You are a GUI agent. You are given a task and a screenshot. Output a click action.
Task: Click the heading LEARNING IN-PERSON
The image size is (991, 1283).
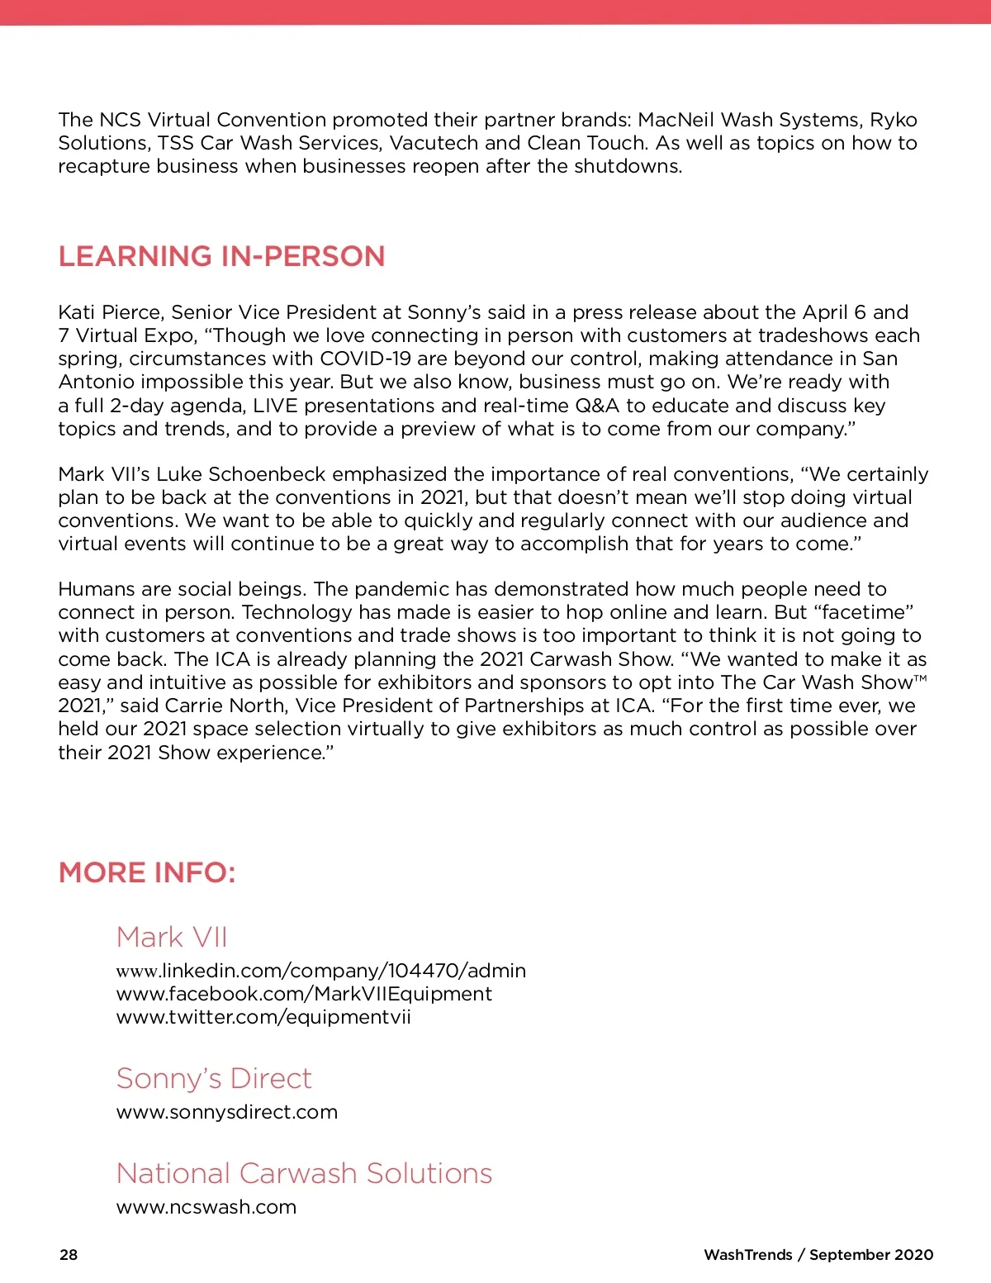pyautogui.click(x=221, y=256)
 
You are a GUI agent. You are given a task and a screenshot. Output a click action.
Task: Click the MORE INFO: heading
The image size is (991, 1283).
pyautogui.click(x=147, y=872)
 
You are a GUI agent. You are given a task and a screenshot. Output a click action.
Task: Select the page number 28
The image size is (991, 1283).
pyautogui.click(x=69, y=1254)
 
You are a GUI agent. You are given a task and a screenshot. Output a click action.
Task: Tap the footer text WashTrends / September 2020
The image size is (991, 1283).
pyautogui.click(x=818, y=1254)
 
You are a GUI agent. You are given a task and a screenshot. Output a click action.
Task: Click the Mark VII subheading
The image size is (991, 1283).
pyautogui.click(x=172, y=937)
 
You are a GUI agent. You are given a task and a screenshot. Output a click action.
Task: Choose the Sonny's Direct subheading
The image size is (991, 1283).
pyautogui.click(x=214, y=1078)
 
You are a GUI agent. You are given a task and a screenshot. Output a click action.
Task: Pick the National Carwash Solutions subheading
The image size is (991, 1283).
pyautogui.click(x=304, y=1173)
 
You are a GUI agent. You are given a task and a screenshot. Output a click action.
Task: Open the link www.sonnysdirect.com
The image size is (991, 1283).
pyautogui.click(x=227, y=1112)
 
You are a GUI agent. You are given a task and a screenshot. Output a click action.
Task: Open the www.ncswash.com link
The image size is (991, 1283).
pyautogui.click(x=206, y=1207)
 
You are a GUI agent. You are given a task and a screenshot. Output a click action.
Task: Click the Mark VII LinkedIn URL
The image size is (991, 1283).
pyautogui.click(x=321, y=970)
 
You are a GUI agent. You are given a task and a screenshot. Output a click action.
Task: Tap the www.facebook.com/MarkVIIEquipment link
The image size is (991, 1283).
pyautogui.click(x=304, y=993)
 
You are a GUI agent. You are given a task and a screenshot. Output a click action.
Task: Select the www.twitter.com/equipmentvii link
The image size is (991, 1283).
pyautogui.click(x=263, y=1016)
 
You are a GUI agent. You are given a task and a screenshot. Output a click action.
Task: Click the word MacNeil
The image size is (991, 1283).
pyautogui.click(x=676, y=120)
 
